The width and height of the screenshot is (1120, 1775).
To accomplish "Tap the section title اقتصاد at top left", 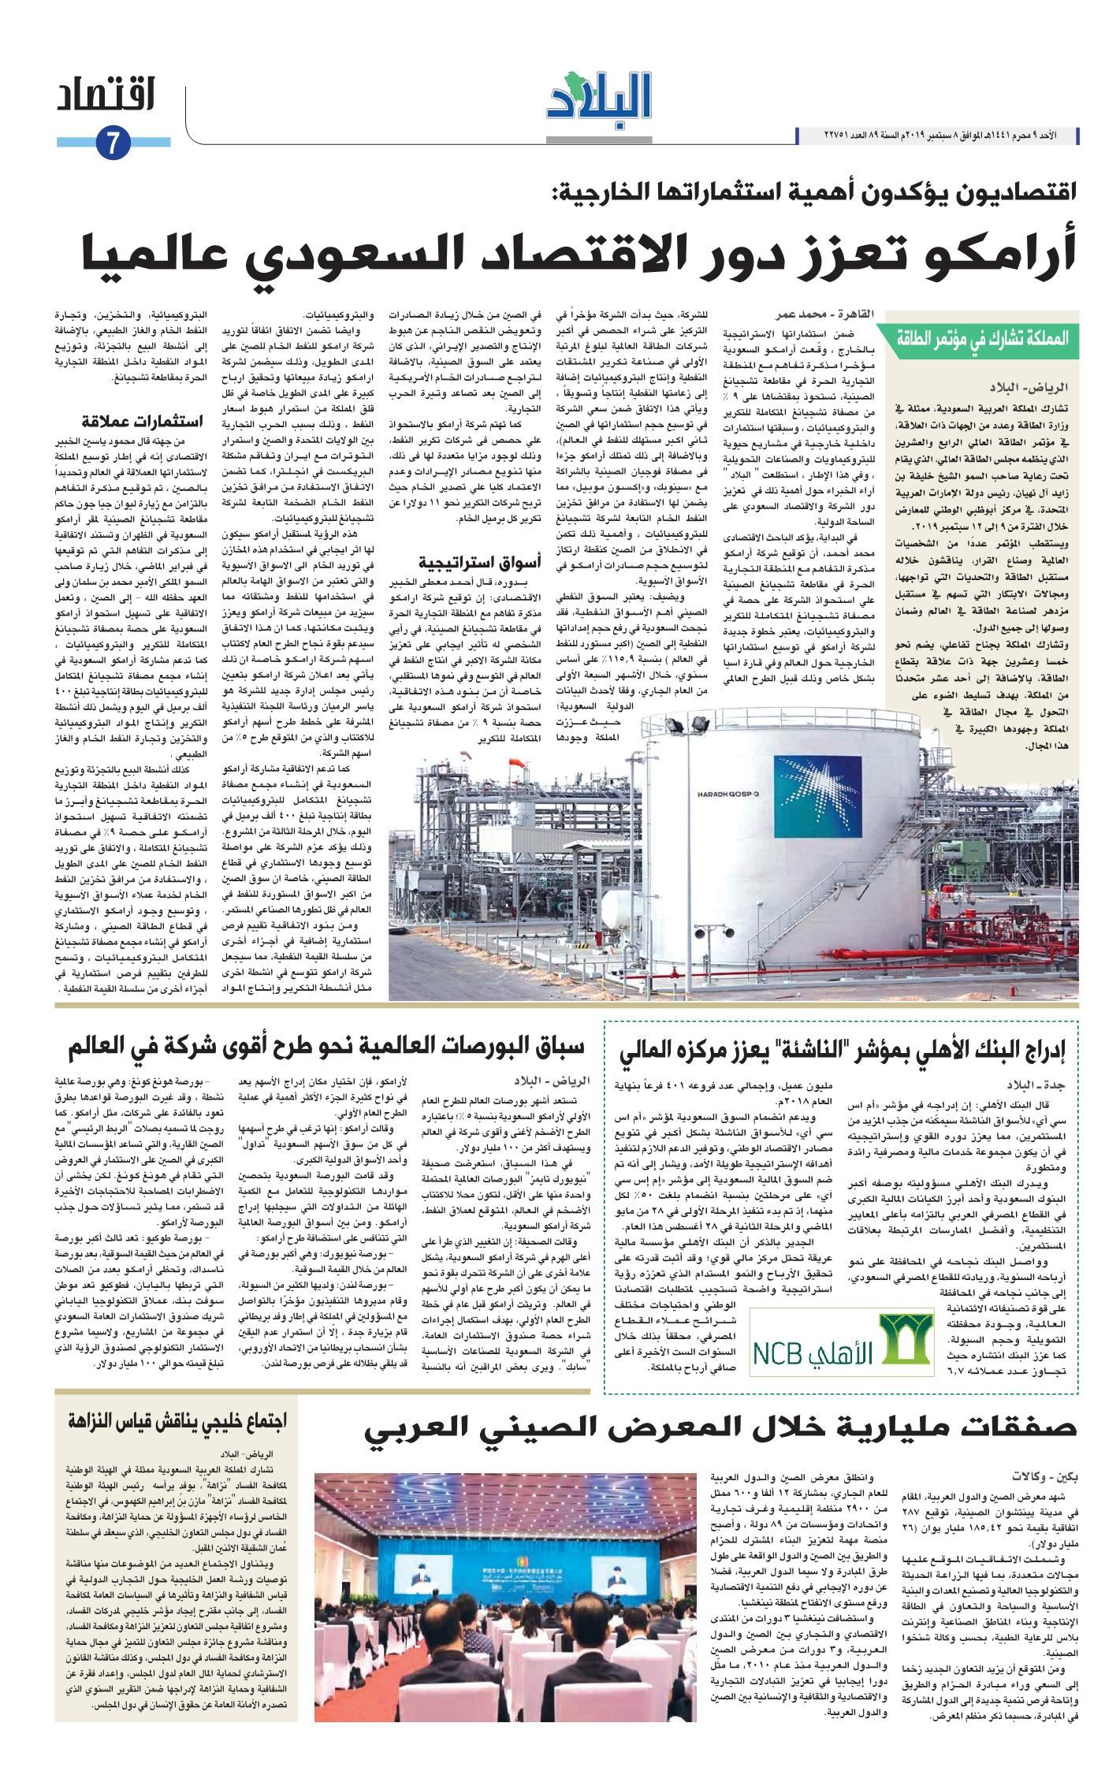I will [x=106, y=98].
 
